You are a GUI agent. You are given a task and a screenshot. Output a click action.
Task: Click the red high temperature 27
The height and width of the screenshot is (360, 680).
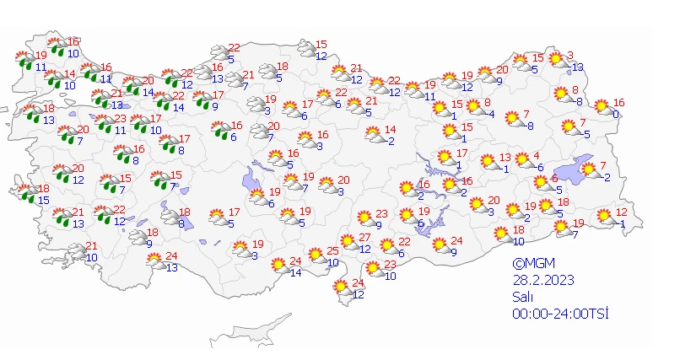click(365, 238)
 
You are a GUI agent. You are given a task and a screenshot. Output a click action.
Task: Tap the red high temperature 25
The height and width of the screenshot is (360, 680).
click(332, 250)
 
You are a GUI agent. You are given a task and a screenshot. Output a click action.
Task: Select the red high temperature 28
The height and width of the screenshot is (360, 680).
click(187, 73)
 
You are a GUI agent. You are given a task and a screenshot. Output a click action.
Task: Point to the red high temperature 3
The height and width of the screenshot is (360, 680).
click(570, 56)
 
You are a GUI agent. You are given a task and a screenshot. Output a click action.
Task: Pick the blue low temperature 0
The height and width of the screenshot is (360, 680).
click(617, 114)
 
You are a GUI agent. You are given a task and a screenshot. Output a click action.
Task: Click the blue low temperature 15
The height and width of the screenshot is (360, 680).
click(42, 200)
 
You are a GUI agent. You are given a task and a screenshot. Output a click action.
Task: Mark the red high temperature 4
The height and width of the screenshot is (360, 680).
click(537, 155)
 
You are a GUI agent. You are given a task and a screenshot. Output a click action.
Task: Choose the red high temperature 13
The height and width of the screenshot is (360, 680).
click(505, 158)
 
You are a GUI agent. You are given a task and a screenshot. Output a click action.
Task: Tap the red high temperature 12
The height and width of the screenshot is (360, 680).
click(621, 212)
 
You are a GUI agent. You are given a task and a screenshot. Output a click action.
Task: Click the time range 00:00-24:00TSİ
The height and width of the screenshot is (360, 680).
click(560, 313)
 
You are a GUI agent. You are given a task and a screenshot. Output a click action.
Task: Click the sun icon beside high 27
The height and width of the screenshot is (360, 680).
click(348, 243)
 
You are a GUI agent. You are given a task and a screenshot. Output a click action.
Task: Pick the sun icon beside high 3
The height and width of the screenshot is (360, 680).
click(557, 60)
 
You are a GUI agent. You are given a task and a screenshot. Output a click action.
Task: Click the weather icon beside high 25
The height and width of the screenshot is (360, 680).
click(316, 255)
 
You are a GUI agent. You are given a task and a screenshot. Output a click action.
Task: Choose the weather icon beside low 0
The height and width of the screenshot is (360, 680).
click(602, 107)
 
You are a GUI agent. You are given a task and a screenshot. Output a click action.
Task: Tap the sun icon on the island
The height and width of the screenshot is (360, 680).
click(341, 288)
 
